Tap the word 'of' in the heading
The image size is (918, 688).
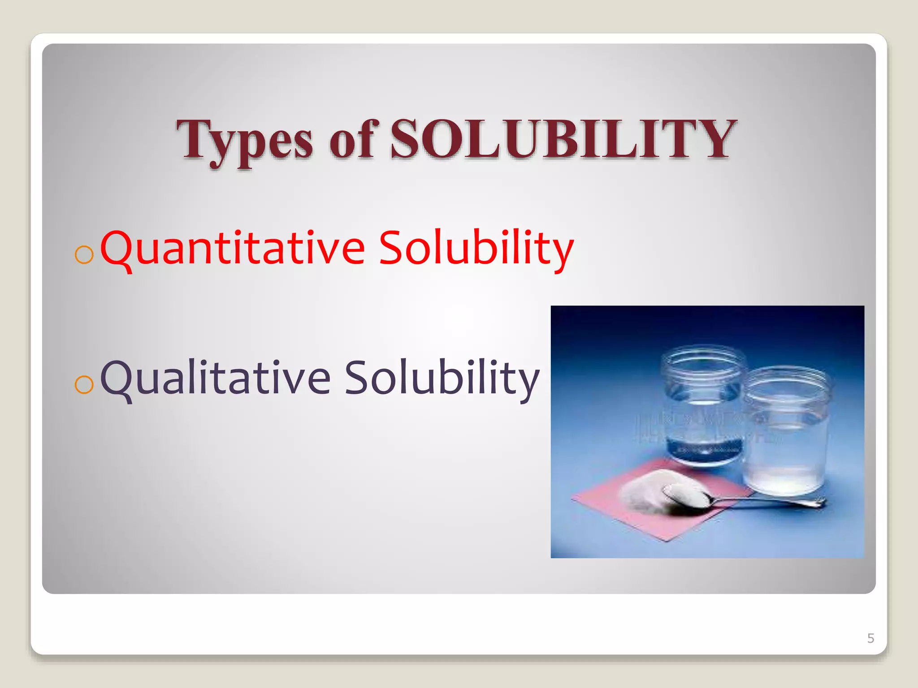[x=351, y=140]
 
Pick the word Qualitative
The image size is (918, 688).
[x=215, y=378]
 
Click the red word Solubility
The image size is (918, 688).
[x=476, y=248]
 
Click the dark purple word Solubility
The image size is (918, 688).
[x=442, y=378]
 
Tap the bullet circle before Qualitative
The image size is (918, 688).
[x=84, y=384]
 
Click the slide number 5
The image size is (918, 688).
[x=870, y=638]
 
